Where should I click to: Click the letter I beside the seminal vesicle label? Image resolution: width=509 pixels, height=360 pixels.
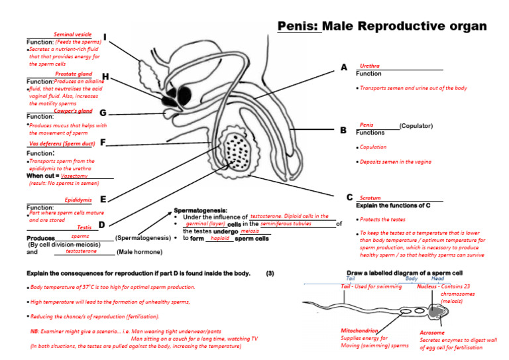pyautogui.click(x=105, y=37)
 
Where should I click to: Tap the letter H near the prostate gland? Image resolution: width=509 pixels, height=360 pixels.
pyautogui.click(x=106, y=77)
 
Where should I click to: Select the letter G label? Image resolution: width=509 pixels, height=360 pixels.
pyautogui.click(x=103, y=113)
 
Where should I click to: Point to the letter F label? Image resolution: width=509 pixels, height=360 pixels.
pyautogui.click(x=103, y=142)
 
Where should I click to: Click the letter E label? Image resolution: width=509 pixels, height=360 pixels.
pyautogui.click(x=103, y=199)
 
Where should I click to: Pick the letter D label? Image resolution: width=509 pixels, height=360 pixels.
pyautogui.click(x=102, y=225)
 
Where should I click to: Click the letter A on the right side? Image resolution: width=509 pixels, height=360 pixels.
pyautogui.click(x=343, y=68)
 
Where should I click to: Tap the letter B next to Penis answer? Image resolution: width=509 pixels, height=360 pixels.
pyautogui.click(x=343, y=131)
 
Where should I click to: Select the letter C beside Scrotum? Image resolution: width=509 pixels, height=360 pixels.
pyautogui.click(x=349, y=198)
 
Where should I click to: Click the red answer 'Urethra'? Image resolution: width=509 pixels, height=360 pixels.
pyautogui.click(x=369, y=66)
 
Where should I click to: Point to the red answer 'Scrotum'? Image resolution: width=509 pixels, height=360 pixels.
pyautogui.click(x=370, y=198)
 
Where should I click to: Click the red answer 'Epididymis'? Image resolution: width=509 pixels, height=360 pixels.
pyautogui.click(x=78, y=200)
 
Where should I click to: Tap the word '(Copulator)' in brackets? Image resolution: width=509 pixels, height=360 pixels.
pyautogui.click(x=416, y=125)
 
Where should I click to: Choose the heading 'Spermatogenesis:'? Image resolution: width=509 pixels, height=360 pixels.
pyautogui.click(x=200, y=210)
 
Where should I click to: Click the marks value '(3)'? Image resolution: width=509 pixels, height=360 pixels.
pyautogui.click(x=270, y=273)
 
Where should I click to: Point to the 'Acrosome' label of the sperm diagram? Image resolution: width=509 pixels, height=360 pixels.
pyautogui.click(x=432, y=333)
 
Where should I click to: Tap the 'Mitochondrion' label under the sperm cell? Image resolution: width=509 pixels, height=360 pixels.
pyautogui.click(x=359, y=330)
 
